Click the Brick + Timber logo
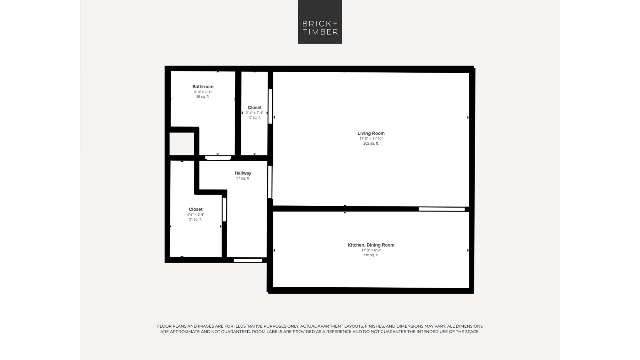coord(320,22)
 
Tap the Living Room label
coord(371,133)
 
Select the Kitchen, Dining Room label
coord(371,245)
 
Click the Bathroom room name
coord(203,86)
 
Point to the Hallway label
coord(243,173)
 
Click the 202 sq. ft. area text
coord(371,143)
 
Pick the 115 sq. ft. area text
coord(371,255)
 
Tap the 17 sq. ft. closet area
coord(254,117)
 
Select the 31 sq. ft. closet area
coord(196,219)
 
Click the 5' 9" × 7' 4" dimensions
coord(203,92)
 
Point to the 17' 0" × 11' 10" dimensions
coord(371,139)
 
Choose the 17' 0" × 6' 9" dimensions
coord(371,250)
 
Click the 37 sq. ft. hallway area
coord(243,178)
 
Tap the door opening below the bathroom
coord(218,158)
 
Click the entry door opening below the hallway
coord(248,260)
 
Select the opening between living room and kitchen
coord(442,209)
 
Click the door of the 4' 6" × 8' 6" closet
coord(224,210)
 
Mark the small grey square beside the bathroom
coord(182,144)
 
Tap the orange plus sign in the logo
coord(335,23)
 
